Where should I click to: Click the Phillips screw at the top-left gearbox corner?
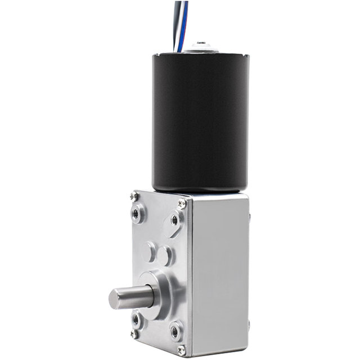[x=134, y=196]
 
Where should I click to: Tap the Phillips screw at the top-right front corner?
[x=182, y=203]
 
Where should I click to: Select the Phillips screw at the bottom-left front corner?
[x=134, y=334]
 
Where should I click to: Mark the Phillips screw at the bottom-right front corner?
[x=181, y=350]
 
